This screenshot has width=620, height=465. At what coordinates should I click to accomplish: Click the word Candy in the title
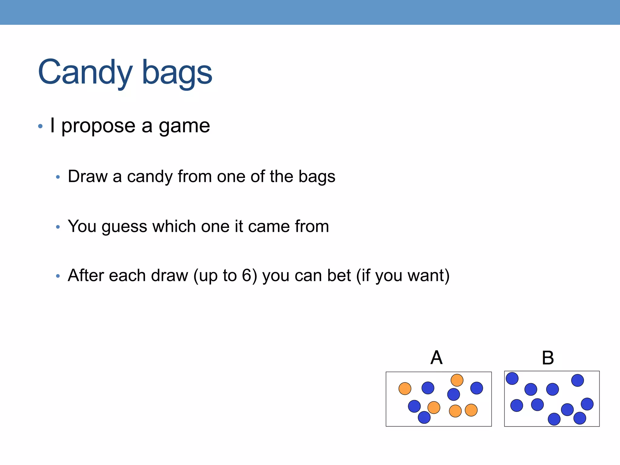click(85, 73)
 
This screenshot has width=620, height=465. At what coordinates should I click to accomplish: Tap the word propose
click(98, 126)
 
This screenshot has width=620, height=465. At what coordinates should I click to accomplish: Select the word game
click(184, 126)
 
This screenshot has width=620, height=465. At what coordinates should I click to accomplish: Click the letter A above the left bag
click(437, 358)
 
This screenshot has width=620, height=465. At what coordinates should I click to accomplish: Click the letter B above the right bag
click(548, 358)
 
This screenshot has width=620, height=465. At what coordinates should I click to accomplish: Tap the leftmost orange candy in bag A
click(405, 388)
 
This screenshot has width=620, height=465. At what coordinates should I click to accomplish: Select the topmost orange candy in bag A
click(457, 380)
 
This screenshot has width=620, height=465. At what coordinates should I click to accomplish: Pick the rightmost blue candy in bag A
click(477, 388)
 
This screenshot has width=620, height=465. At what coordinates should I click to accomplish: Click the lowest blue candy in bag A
click(424, 417)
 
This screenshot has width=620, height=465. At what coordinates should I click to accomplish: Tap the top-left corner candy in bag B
click(512, 378)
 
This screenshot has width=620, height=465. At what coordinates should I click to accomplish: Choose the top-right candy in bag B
click(578, 380)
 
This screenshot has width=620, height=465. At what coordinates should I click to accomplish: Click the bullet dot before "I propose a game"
click(40, 126)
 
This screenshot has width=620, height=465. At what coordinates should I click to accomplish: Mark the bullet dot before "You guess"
click(58, 227)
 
